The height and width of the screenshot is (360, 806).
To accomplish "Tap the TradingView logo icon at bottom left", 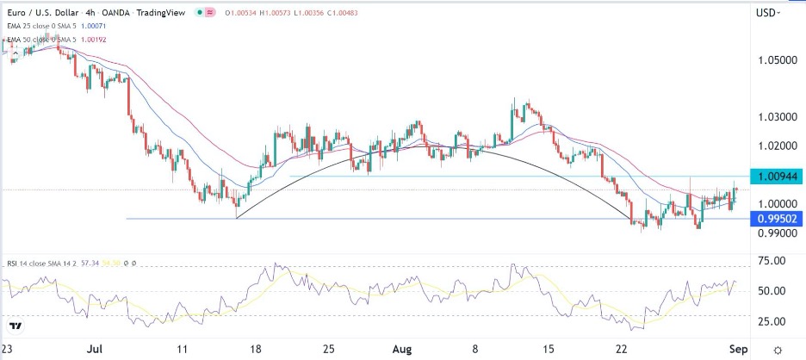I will (x=16, y=326).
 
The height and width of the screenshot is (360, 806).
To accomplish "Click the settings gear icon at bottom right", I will (x=778, y=351).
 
